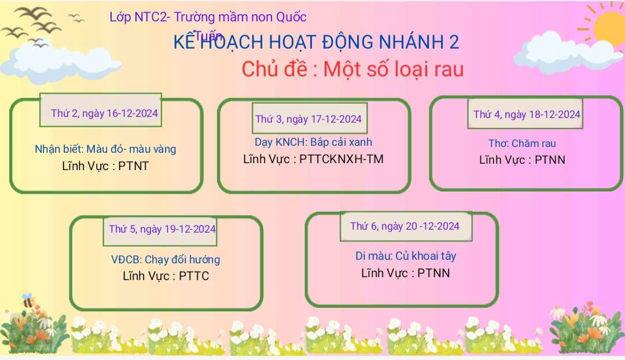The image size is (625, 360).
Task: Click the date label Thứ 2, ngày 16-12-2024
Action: (104, 113)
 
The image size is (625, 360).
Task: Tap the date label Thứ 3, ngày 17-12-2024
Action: (308, 119)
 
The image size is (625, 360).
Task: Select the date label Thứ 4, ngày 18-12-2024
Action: (527, 115)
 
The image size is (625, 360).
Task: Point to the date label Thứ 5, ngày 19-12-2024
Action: (162, 229)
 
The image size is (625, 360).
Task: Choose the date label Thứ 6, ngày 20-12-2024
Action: (405, 226)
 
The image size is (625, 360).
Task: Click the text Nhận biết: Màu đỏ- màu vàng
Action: (105, 149)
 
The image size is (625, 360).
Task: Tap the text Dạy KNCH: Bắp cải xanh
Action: (313, 142)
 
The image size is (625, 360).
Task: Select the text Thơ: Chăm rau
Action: (522, 143)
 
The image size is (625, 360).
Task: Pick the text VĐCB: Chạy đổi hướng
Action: (166, 259)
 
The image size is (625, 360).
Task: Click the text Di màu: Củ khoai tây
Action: (406, 256)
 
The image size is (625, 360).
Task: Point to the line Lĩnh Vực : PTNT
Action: (105, 166)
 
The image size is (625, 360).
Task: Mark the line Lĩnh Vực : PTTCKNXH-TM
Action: (313, 159)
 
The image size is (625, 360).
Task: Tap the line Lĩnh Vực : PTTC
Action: (166, 276)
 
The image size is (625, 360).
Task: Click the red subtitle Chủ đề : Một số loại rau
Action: (353, 69)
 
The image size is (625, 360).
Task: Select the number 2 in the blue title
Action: (454, 42)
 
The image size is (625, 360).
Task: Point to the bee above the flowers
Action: (28, 300)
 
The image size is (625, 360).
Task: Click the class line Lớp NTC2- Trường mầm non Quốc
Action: (208, 17)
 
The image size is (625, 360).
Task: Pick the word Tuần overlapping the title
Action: (208, 35)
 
